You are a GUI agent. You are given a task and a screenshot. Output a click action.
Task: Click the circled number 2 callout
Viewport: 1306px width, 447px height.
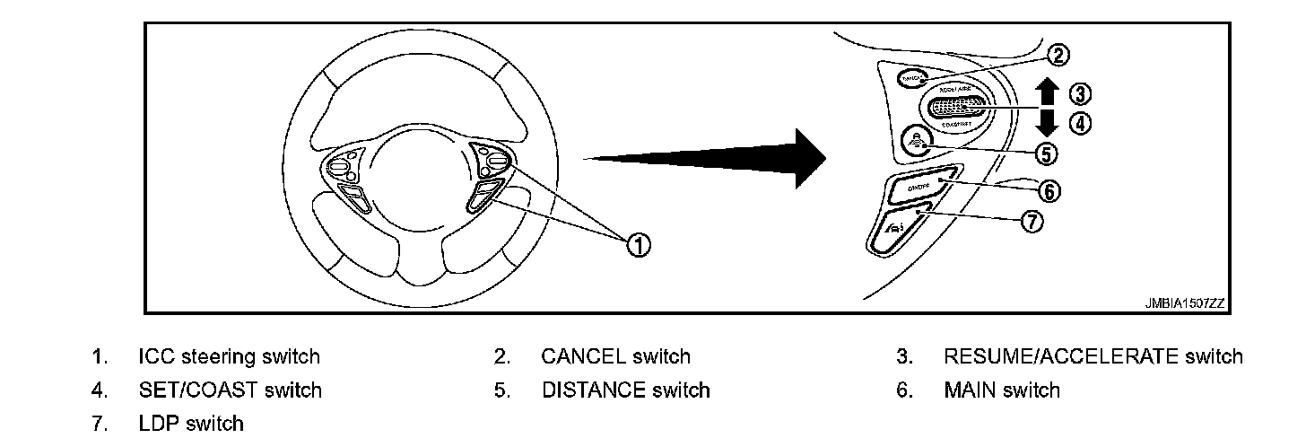pos(1058,56)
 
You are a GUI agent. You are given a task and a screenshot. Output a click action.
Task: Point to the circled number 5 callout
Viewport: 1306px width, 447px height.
pos(1045,153)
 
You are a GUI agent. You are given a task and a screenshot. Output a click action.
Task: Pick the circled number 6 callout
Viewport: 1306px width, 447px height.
pos(1049,190)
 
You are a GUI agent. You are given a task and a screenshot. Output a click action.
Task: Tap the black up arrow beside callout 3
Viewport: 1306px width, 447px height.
pos(1045,91)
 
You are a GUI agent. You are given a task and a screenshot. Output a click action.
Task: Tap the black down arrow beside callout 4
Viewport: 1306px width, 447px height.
pos(1045,123)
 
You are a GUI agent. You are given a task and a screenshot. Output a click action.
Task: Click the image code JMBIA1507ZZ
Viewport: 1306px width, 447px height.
pos(1183,303)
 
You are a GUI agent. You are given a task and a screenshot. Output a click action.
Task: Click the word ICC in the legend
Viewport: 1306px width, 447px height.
pos(156,356)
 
